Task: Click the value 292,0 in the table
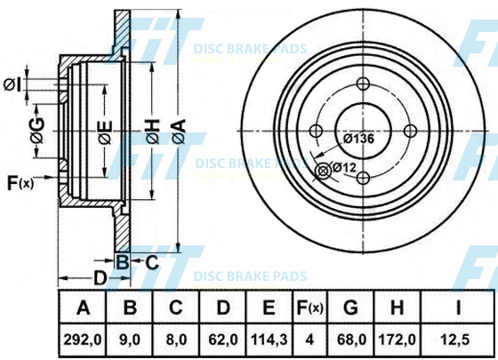(x=83, y=340)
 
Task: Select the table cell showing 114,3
(x=269, y=340)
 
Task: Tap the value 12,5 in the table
(x=455, y=340)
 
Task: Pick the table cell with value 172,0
(x=397, y=340)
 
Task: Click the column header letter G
(x=350, y=308)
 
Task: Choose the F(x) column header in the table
(x=309, y=308)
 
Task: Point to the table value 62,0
(x=223, y=340)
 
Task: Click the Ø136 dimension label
(x=359, y=139)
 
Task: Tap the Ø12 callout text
(x=345, y=167)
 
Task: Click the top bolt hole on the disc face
(x=363, y=84)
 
